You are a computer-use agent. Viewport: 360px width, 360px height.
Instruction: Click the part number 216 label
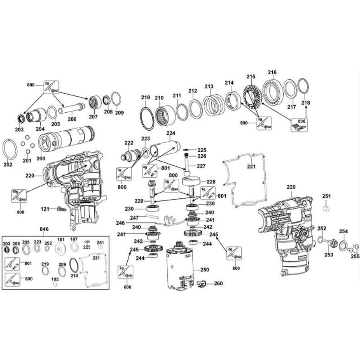pyautogui.click(x=272, y=72)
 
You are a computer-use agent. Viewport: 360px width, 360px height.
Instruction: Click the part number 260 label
pyautogui.click(x=218, y=283)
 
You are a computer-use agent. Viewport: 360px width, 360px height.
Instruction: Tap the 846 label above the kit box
pyautogui.click(x=44, y=229)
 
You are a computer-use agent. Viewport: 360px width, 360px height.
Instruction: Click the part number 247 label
pyautogui.click(x=134, y=218)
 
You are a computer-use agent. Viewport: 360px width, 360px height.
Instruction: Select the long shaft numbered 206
pyautogui.click(x=72, y=108)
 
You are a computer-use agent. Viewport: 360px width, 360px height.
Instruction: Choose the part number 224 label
pyautogui.click(x=171, y=133)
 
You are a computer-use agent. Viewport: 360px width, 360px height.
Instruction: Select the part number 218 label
pyautogui.click(x=305, y=103)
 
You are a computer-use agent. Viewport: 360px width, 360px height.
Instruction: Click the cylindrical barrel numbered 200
pyautogui.click(x=67, y=139)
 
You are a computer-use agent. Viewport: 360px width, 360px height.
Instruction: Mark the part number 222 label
pyautogui.click(x=129, y=143)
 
